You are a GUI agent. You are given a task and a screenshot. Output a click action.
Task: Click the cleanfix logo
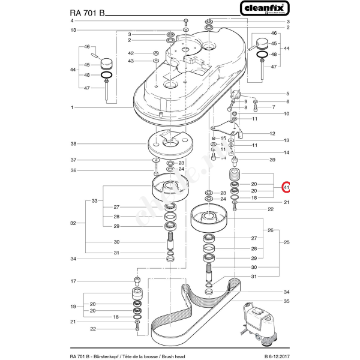tap(264, 8)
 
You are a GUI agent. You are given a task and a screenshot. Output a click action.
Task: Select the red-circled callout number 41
tap(287, 188)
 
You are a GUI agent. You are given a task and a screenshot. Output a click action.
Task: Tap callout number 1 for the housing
tap(72, 107)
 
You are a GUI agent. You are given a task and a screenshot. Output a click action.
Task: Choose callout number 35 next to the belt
tap(287, 301)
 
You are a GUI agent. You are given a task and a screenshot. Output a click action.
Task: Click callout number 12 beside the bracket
tap(272, 134)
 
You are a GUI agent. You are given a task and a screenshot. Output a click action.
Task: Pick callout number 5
tap(287, 94)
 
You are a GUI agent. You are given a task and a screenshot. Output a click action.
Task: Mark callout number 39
tap(272, 160)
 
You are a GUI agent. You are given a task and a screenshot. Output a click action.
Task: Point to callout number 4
tap(72, 20)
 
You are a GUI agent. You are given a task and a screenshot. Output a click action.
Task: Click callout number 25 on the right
tap(287, 242)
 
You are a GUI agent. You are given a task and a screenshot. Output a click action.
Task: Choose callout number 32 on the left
tap(72, 223)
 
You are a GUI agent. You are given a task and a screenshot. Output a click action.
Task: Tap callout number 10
tap(287, 113)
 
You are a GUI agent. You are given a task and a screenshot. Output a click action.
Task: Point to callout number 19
tap(72, 307)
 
